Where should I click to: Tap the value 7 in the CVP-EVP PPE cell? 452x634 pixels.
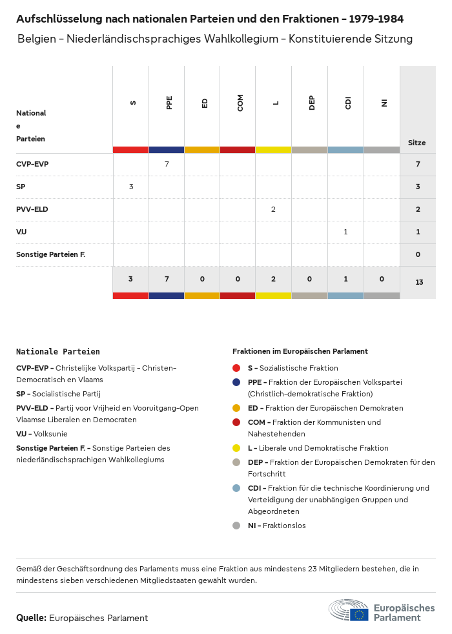167,164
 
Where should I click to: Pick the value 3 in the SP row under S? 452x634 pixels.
131,187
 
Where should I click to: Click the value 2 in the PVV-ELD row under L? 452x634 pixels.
274,209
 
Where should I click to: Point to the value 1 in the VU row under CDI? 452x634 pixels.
345,232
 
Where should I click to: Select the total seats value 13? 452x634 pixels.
418,282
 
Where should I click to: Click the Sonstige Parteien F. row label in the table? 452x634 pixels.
51,254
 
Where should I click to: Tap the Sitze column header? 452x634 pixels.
417,143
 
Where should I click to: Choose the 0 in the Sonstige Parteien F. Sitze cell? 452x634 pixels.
418,254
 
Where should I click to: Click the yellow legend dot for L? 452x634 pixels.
236,448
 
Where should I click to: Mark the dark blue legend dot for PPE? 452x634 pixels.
236,382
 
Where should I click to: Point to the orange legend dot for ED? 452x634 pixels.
236,408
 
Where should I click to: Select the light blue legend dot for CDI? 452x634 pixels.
236,488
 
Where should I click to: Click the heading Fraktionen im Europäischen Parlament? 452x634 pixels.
300,351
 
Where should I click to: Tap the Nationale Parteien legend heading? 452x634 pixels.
58,352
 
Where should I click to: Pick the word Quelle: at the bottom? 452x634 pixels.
31,618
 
